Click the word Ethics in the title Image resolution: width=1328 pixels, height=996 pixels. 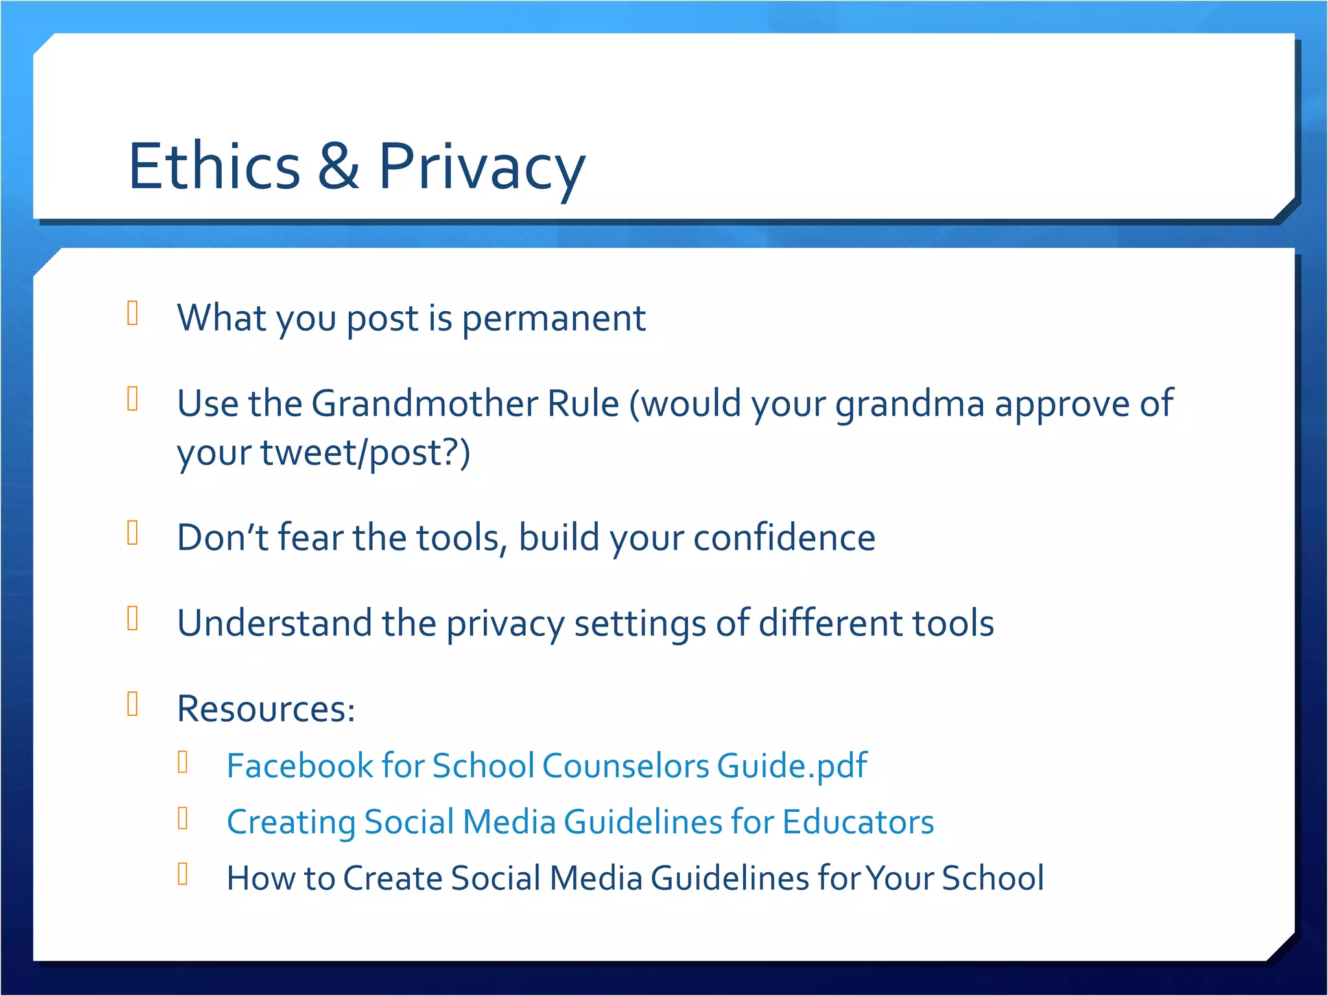(214, 167)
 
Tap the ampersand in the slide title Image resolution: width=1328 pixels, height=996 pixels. (338, 167)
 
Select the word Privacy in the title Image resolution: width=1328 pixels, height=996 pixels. (481, 167)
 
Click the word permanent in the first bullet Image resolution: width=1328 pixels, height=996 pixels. (553, 318)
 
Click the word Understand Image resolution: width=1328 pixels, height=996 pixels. (274, 623)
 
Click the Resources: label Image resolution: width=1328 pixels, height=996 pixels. (266, 709)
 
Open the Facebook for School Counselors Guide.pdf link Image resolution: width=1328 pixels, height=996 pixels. (546, 766)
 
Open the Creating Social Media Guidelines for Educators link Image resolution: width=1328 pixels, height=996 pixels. (580, 822)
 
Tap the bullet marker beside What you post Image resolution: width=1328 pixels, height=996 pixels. (133, 313)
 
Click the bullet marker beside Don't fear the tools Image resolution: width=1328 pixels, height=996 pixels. (133, 533)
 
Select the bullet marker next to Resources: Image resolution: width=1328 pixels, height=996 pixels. (133, 704)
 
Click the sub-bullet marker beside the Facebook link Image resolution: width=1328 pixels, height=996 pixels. (183, 762)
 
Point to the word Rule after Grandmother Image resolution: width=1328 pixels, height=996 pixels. (583, 403)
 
